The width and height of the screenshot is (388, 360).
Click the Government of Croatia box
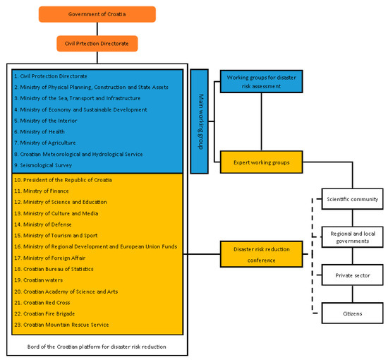pyautogui.click(x=97, y=14)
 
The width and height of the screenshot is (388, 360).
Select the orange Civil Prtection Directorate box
pyautogui.click(x=97, y=44)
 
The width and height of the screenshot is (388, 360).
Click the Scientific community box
pyautogui.click(x=352, y=199)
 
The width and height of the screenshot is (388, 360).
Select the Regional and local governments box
pyautogui.click(x=352, y=236)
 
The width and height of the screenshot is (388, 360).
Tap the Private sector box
pyautogui.click(x=352, y=275)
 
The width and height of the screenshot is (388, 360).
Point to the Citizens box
pyautogui.click(x=352, y=312)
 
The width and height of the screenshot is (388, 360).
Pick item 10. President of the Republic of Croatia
pyautogui.click(x=63, y=180)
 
